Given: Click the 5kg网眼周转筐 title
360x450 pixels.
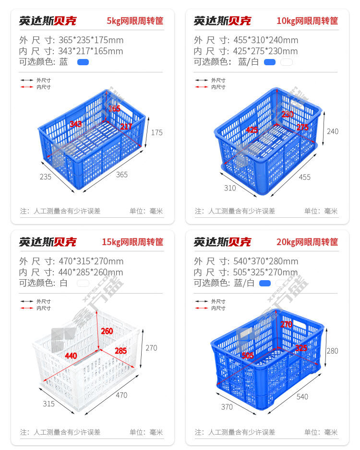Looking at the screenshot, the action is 135,21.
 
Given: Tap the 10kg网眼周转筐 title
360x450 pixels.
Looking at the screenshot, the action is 307,21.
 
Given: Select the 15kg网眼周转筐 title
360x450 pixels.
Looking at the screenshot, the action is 132,242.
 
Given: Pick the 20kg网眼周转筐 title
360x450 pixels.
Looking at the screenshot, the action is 307,242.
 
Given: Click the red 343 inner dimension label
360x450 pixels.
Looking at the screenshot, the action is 76,124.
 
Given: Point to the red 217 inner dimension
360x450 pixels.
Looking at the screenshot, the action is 126,126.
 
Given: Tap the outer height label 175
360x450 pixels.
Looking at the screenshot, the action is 157,132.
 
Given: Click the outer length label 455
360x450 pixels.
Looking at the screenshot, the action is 305,177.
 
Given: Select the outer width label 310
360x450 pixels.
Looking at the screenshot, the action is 230,188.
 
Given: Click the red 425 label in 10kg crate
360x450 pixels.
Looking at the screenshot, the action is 252,130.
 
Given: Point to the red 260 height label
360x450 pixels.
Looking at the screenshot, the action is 107,331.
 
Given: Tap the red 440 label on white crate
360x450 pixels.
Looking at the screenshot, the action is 71,356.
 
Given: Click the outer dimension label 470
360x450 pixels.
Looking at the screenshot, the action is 121,395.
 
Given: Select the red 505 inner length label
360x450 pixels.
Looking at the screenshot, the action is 248,355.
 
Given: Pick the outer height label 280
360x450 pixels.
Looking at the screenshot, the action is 333,351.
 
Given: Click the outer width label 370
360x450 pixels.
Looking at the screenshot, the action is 227,407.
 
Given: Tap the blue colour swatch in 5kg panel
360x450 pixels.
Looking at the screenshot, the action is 83,62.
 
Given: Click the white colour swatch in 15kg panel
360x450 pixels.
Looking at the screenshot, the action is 83,283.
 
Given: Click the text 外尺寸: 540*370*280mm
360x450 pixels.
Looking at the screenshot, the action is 246,261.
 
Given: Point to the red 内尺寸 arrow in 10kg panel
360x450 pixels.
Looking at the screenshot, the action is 201,87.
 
